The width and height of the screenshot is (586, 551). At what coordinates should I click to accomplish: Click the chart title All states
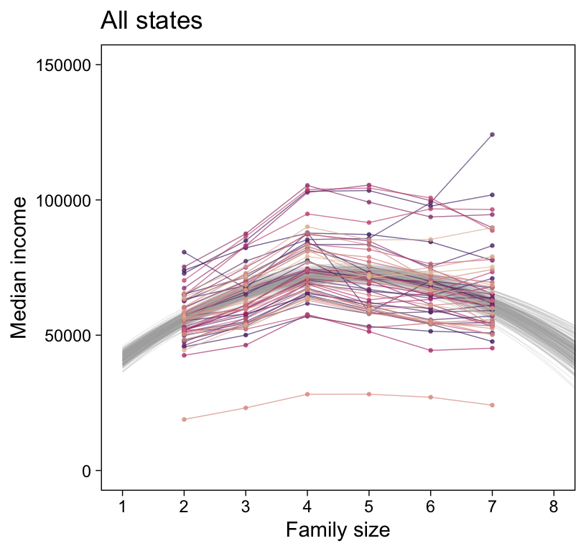[x=152, y=21]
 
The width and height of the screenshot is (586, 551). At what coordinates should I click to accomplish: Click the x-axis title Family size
[x=338, y=530]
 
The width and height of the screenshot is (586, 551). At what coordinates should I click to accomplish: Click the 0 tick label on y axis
[x=87, y=471]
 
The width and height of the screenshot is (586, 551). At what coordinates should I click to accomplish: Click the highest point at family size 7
[x=493, y=134]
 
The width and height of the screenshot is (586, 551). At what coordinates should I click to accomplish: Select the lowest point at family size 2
[x=185, y=419]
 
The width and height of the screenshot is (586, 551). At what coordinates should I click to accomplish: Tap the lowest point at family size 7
[x=493, y=405]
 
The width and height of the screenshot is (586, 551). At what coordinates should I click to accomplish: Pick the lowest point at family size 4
[x=307, y=394]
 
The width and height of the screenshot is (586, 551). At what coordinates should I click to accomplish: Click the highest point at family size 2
[x=185, y=252]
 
